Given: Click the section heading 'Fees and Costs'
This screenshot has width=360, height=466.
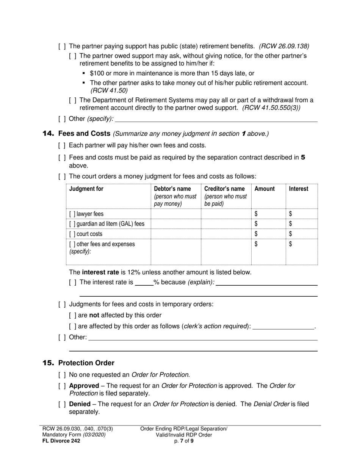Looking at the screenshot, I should pos(84,134).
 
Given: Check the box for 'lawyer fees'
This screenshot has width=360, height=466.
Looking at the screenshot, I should pos(72,214).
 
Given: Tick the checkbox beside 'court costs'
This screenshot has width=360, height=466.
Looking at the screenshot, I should pos(72,234).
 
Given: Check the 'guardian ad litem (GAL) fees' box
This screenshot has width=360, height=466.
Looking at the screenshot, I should pos(72,224).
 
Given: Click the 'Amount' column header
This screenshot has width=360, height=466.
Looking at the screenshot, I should pos(265,189).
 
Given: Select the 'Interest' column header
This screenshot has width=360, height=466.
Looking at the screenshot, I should pos(299,189).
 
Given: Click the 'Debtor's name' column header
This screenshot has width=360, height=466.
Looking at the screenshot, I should pos(172,189).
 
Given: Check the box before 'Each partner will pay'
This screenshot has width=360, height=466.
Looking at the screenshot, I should pos(62,145).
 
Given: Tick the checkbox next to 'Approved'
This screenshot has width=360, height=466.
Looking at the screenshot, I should pos(62,386).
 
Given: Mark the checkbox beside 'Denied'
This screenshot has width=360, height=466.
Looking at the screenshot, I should pos(62,404).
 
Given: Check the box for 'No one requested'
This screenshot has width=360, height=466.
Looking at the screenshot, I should pos(62,375).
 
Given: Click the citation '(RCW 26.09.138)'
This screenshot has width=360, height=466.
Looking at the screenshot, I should pos(284,46).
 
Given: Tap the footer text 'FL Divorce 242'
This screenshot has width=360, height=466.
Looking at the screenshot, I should pos(61,441).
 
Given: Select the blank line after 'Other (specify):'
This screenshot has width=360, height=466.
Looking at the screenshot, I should pos(216,119).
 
